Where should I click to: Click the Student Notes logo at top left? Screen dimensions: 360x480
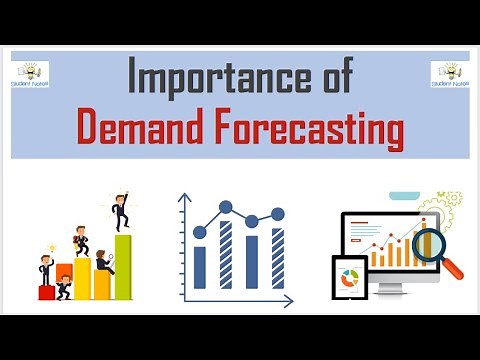(29, 75)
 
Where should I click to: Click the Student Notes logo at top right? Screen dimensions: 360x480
(450, 75)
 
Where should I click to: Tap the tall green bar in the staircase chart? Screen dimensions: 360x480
(123, 267)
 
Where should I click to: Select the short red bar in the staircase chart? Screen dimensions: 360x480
(46, 292)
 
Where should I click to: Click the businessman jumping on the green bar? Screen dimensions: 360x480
(120, 213)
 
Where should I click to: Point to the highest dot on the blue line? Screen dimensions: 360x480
(226, 208)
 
